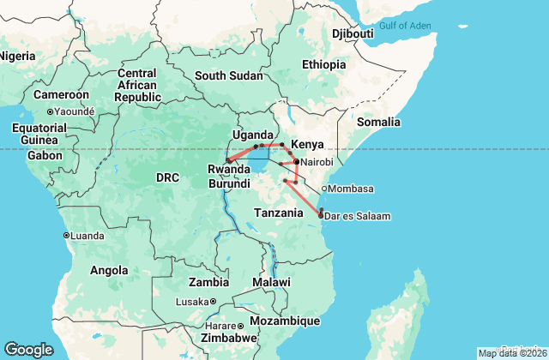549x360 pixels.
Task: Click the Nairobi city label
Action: click(317, 161)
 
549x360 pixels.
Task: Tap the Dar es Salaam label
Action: click(356, 216)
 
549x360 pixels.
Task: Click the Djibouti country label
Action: click(353, 33)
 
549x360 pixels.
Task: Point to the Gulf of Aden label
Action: click(405, 26)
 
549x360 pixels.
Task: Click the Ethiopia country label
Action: click(327, 64)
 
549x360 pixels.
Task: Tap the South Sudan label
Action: click(228, 75)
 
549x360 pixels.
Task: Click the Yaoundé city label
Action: click(73, 111)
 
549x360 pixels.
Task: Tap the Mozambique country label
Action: click(284, 321)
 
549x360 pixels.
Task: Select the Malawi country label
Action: click(271, 282)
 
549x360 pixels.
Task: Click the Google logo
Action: click(28, 350)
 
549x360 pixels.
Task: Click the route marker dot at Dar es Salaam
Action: click(320, 216)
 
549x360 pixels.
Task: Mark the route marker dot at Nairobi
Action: click(296, 161)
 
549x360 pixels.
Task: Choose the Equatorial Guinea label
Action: click(34, 134)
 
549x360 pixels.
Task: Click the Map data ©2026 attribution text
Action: click(511, 353)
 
